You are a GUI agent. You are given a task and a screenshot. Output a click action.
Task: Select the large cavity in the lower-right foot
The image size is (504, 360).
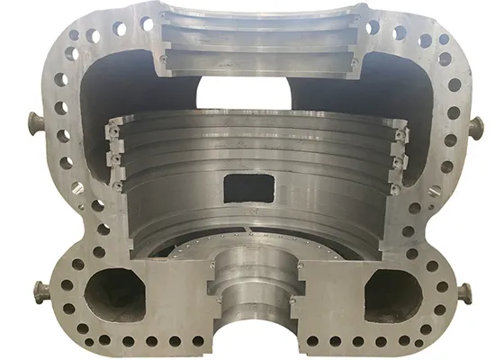[390, 291]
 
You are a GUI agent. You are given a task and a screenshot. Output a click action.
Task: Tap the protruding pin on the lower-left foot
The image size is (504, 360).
[40, 292]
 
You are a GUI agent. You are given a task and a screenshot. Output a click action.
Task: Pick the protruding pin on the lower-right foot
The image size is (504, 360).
[464, 292]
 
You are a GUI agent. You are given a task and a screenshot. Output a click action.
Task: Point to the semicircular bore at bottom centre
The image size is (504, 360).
[252, 306]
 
